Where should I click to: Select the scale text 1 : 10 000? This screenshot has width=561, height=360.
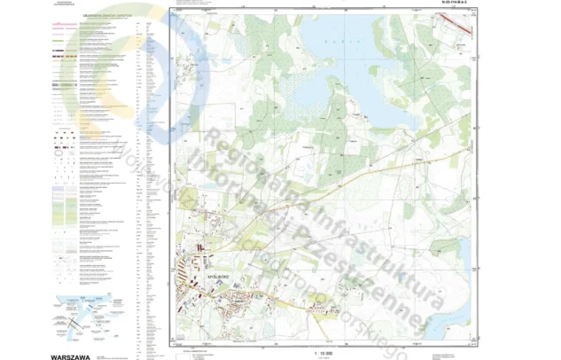click(321, 352)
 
